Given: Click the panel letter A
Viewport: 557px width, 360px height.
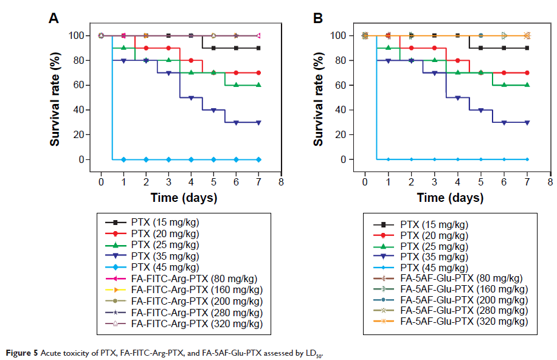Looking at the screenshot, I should (54, 19).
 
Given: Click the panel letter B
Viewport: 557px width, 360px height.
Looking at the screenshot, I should (317, 19).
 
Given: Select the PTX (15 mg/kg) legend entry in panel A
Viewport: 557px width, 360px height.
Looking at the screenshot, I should (164, 223).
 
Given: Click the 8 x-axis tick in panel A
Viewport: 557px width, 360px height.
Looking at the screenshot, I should (281, 181).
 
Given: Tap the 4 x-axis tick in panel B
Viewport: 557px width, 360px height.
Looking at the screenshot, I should (457, 181).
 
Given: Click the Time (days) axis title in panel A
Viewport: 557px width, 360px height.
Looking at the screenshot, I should (183, 198).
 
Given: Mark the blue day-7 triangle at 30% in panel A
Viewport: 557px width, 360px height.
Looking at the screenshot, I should (258, 122).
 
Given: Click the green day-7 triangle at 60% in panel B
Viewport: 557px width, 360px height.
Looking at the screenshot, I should (527, 85).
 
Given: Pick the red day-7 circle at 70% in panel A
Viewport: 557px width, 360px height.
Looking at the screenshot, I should (258, 72).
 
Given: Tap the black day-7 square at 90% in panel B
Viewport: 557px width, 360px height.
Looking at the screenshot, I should (527, 48).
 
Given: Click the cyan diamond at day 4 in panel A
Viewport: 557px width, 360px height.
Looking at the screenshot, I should (191, 159).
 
